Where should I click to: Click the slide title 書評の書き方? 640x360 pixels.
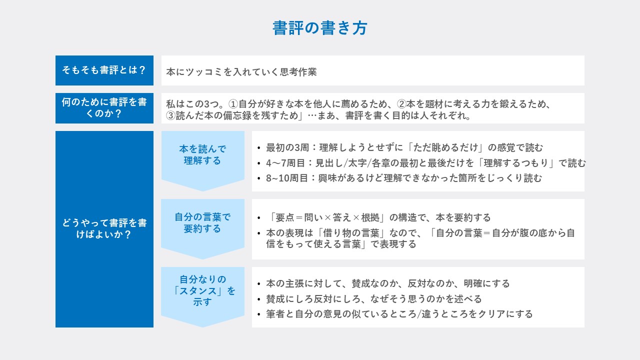[x=319, y=28]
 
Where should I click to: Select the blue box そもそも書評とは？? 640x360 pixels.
[x=104, y=70]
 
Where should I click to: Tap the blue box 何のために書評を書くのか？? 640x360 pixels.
[x=104, y=108]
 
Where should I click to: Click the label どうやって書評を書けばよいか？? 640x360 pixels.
[x=104, y=229]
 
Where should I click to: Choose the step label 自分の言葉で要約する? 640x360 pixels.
[x=202, y=223]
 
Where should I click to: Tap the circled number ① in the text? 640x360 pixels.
[x=233, y=104]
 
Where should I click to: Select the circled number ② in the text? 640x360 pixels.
[x=401, y=104]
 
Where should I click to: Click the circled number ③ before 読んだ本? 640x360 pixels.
[x=170, y=115]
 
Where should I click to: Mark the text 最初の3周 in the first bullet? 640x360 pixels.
[x=287, y=147]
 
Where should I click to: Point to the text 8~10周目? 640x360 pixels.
[x=287, y=178]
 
